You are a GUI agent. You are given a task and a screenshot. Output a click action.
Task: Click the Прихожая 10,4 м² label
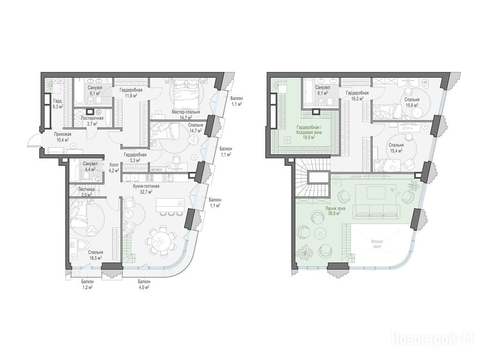tap(63, 136)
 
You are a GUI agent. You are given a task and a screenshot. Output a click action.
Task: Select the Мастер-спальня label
tap(186, 112)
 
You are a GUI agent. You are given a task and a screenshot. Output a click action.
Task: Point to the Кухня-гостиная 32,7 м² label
tap(146, 189)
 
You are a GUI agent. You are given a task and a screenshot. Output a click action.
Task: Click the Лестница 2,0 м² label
tap(87, 192)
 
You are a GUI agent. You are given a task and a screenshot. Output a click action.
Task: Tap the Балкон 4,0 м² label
tap(144, 285)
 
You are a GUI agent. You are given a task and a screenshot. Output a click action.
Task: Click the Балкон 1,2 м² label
tap(88, 285)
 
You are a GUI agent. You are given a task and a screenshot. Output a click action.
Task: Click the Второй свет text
tap(377, 244)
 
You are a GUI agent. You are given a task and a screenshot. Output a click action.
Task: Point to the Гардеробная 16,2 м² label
tap(357, 96)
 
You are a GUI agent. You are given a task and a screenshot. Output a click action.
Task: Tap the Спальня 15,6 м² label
tap(412, 102)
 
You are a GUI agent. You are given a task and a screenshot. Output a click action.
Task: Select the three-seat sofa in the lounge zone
tap(376, 211)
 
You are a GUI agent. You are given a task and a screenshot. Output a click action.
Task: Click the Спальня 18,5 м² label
tap(96, 255)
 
